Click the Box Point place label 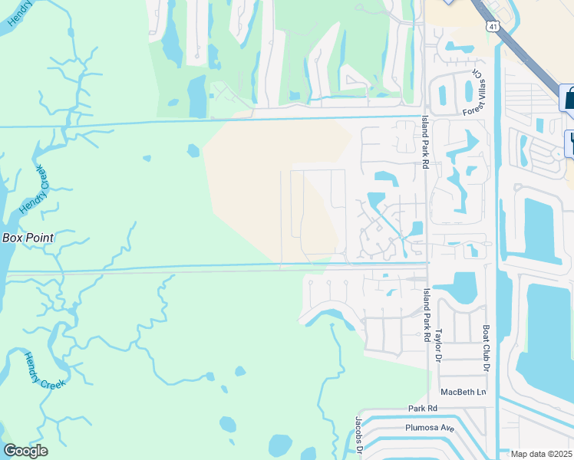[28, 238]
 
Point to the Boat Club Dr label [486, 348]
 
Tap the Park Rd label [422, 409]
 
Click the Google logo [25, 451]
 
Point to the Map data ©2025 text [542, 454]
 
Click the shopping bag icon [569, 98]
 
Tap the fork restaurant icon [571, 143]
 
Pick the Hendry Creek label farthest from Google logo [21, 15]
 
